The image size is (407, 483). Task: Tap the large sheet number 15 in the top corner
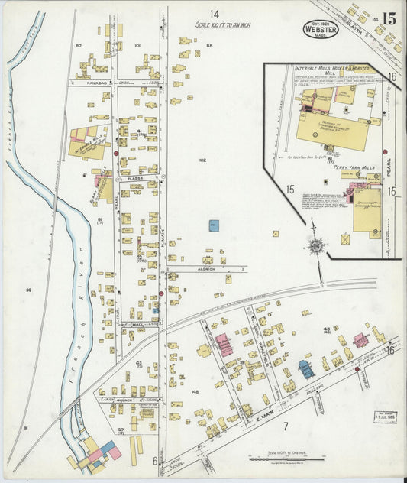(389, 18)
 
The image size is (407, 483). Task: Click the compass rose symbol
(315, 245)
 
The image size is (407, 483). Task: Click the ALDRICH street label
(207, 269)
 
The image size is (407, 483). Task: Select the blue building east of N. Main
(214, 225)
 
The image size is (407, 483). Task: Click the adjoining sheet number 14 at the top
(215, 14)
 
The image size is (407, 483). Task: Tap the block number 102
(202, 160)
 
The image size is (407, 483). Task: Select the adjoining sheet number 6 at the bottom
(153, 460)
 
